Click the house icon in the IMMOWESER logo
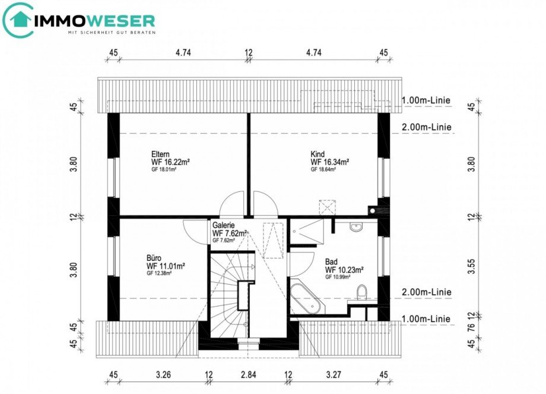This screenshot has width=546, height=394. tap(19, 20)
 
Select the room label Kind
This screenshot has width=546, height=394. tap(318, 153)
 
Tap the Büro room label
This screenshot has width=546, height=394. tap(154, 258)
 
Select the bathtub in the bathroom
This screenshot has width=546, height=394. tap(307, 298)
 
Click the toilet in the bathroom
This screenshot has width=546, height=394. tap(361, 291)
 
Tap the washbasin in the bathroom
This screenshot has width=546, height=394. tap(357, 226)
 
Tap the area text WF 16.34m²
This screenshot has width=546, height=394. tap(329, 162)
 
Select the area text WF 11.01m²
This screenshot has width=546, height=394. tap(166, 266)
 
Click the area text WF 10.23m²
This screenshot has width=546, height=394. tap(344, 269)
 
